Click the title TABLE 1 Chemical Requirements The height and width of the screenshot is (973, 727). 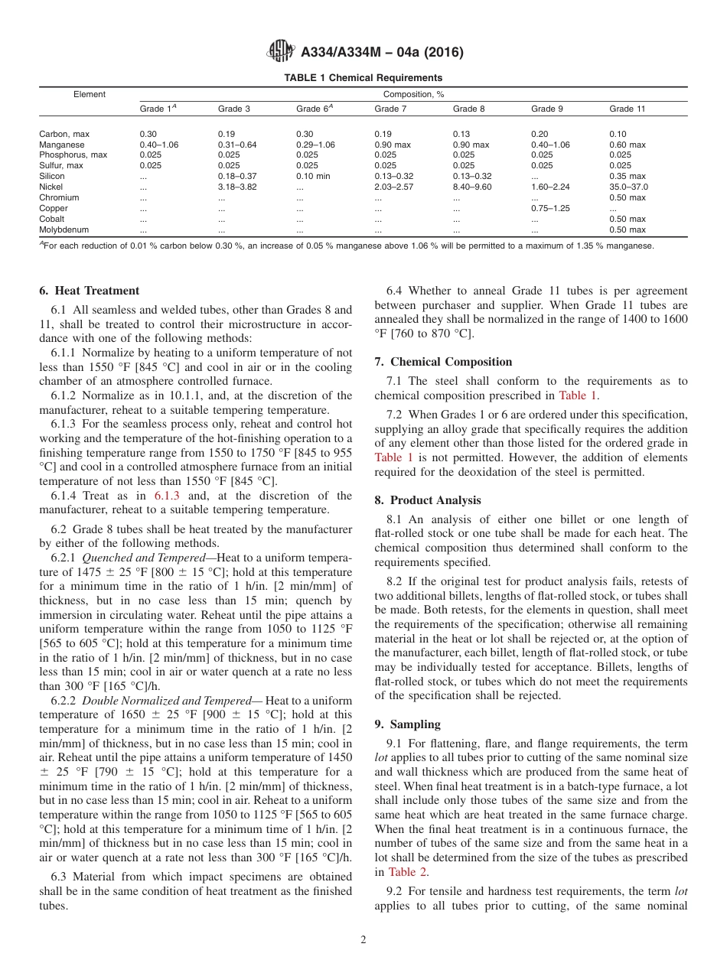pos(363,78)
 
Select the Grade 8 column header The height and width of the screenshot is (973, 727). pos(468,109)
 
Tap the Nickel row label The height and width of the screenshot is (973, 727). pos(52,187)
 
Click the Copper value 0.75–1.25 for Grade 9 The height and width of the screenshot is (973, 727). pos(550,208)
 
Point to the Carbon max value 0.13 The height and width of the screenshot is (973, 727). pos(461,134)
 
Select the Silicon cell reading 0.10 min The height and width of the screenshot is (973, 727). pos(314,176)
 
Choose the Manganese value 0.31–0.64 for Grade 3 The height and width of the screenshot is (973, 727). pos(237,145)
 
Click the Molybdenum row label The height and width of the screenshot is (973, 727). pos(61,229)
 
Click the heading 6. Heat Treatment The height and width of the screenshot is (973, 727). pos(89,291)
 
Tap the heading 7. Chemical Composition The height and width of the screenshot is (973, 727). pos(443,362)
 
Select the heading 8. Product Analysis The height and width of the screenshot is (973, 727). pos(428,500)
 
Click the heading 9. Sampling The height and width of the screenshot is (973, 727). pos(407,724)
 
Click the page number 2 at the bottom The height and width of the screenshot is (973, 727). pos(363,940)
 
